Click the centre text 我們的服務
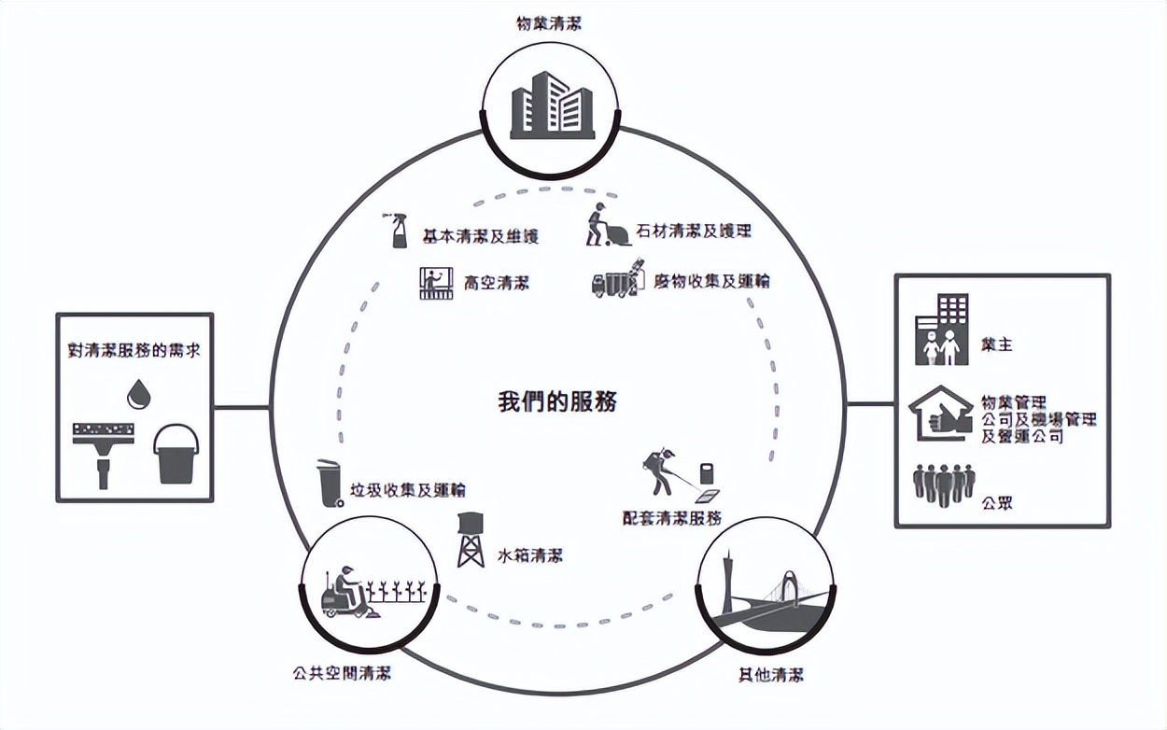coord(557,402)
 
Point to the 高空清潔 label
coord(496,282)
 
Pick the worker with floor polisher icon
coord(607,227)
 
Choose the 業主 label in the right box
coord(996,345)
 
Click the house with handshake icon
coord(940,413)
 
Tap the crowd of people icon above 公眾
coord(942,485)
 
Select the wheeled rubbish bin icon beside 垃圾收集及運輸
coord(329,483)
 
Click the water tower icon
coord(471,540)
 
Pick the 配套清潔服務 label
coord(672,518)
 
